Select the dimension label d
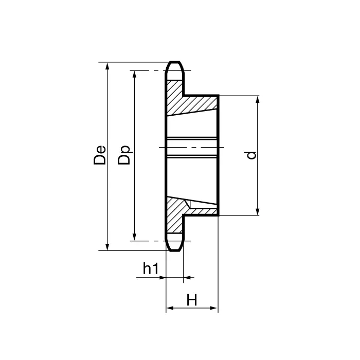pos(251,155)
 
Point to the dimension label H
pos(192,300)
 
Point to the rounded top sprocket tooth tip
pos(175,66)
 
